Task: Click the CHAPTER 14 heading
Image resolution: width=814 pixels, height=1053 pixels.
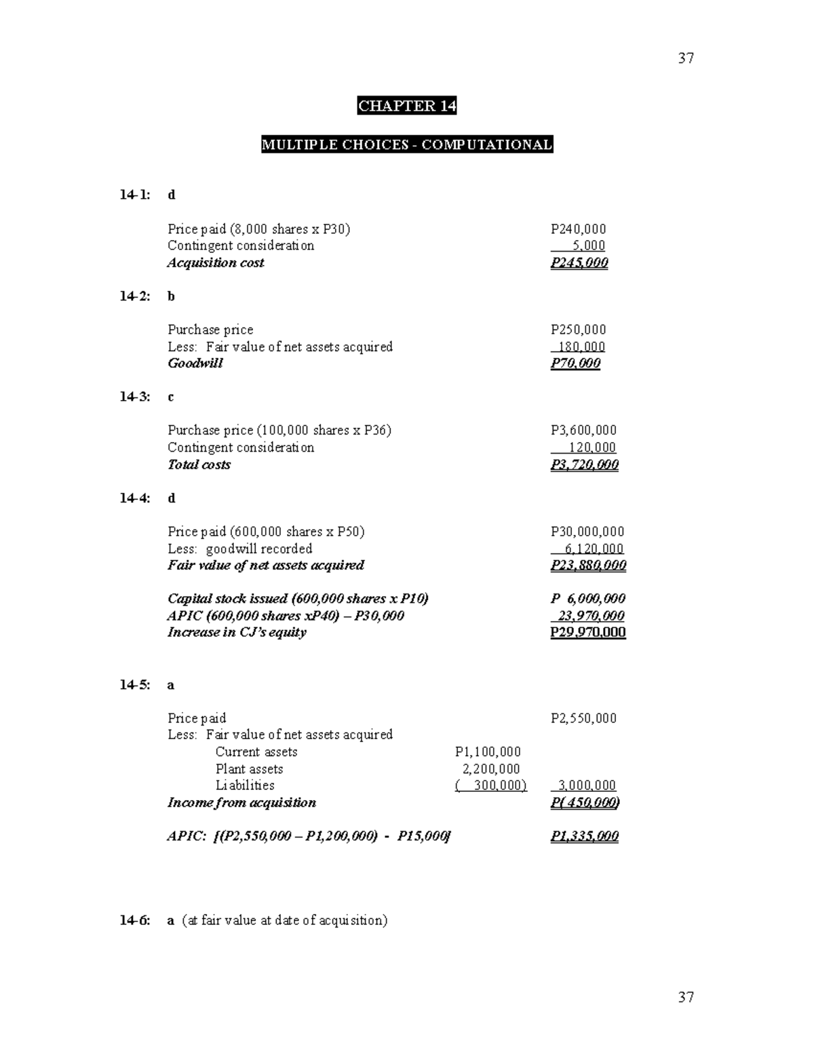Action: point(407,106)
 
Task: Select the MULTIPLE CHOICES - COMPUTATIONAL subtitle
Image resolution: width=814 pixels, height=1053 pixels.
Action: point(407,144)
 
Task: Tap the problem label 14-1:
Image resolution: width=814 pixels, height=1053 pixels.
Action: point(135,195)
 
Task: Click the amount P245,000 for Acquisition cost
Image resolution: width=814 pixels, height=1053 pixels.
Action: point(579,263)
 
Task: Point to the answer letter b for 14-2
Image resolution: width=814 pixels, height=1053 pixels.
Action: point(171,296)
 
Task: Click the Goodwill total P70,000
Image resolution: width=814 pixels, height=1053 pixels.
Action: point(575,363)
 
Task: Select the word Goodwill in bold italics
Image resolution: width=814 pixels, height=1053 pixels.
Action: point(195,363)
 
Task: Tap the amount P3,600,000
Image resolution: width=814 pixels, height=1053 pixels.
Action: point(583,431)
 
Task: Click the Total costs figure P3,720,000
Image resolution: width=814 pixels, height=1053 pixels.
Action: point(584,464)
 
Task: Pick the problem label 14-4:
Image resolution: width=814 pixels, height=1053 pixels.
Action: point(135,498)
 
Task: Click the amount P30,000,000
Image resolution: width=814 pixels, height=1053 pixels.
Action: point(587,532)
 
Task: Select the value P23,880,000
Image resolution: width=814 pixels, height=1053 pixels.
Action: point(588,565)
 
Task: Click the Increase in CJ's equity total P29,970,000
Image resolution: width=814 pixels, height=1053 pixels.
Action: point(587,633)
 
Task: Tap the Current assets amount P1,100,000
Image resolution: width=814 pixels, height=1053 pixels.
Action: point(488,752)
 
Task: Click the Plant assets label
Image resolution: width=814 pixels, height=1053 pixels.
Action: point(249,769)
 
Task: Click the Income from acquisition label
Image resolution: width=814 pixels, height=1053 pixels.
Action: point(241,803)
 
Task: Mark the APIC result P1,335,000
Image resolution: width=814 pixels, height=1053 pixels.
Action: point(584,836)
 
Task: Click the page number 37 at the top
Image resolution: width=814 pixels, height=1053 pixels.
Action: point(686,58)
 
